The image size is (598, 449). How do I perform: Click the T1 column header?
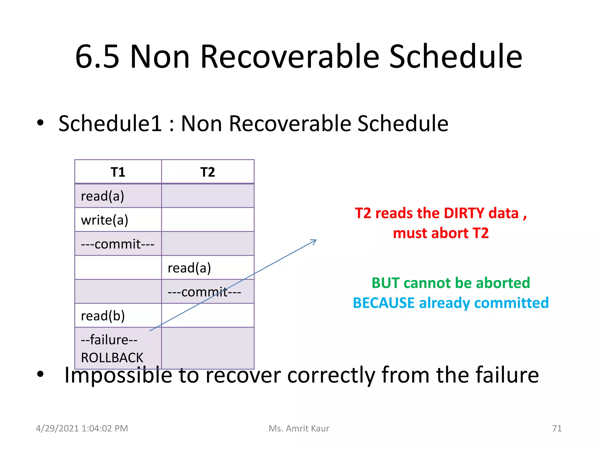(118, 172)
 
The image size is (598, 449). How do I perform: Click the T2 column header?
(208, 172)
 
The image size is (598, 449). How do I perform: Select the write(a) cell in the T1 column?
(105, 220)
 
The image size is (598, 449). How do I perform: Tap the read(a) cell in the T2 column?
(189, 268)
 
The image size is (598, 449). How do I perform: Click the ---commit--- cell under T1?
(117, 244)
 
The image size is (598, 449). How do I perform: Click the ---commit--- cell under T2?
(204, 292)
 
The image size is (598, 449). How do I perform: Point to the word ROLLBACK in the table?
(112, 358)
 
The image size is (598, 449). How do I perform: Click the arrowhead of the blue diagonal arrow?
(315, 241)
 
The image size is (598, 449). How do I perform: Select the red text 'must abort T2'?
(441, 233)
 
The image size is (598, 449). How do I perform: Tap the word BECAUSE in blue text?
(384, 303)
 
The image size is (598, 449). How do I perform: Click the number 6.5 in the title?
(97, 56)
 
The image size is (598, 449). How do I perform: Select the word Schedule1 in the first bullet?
(110, 124)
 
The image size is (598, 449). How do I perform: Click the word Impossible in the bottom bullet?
(118, 375)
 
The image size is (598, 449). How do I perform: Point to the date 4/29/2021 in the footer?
(58, 428)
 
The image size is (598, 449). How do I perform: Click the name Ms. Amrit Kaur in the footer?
(299, 428)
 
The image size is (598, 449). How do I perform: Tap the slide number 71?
(557, 428)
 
